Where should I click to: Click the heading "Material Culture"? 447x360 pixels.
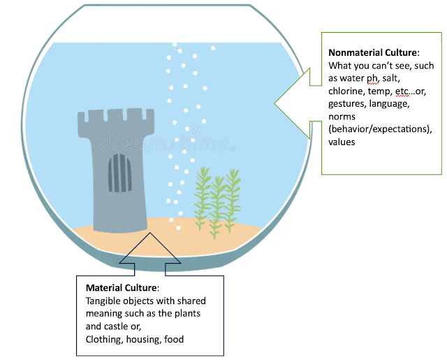123,288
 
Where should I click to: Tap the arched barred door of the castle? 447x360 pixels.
121,174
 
